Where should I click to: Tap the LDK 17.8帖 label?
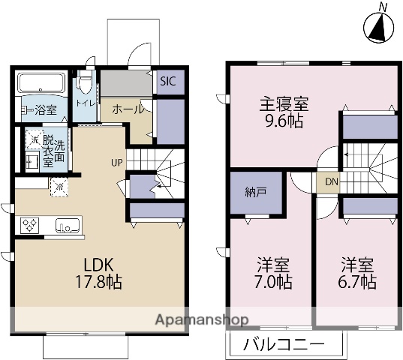pyautogui.click(x=98, y=274)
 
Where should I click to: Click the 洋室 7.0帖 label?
pyautogui.click(x=274, y=274)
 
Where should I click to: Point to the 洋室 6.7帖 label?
pyautogui.click(x=358, y=274)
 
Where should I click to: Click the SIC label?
pyautogui.click(x=167, y=82)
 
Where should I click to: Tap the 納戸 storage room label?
pyautogui.click(x=255, y=192)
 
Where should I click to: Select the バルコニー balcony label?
pyautogui.click(x=284, y=346)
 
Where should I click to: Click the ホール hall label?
pyautogui.click(x=128, y=109)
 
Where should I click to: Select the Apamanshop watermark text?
pyautogui.click(x=201, y=320)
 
